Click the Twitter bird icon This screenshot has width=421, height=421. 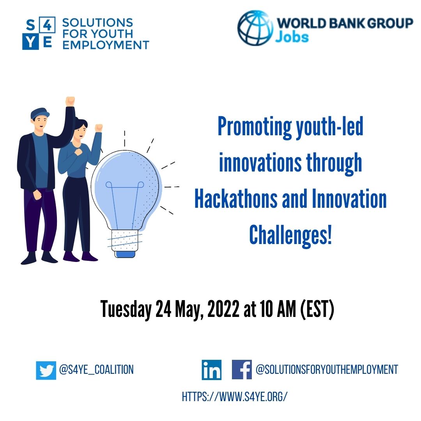point(46,370)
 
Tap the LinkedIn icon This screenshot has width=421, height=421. point(212,370)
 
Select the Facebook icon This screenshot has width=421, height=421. point(242,370)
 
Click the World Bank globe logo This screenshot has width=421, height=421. point(255,28)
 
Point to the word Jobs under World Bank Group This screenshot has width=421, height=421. point(292,37)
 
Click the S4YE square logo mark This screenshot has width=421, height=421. point(39,33)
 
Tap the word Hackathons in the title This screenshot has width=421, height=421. point(236,199)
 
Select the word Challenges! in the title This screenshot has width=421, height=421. point(290,235)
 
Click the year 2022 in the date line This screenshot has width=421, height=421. point(223,309)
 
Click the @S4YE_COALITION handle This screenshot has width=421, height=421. point(96,370)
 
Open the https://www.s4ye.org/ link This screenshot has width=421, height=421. point(235,396)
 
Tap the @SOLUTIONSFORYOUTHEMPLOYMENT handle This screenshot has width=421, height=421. point(327,370)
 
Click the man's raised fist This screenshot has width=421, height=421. point(70,101)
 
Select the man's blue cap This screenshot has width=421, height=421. point(40,113)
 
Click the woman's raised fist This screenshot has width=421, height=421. point(99,128)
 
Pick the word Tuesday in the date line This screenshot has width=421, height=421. point(126,310)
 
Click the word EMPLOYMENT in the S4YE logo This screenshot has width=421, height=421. point(106,45)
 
